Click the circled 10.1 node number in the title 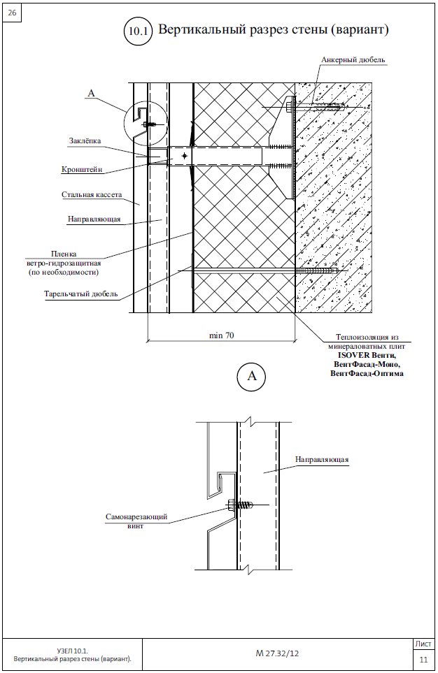coord(138,31)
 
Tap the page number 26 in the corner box coord(12,13)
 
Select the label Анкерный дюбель coord(353,60)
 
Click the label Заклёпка coord(85,140)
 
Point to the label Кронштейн coord(82,170)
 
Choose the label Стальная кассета coord(92,194)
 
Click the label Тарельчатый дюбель coord(80,294)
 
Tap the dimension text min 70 coord(221,335)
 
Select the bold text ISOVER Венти coord(367,356)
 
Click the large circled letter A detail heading coord(251,377)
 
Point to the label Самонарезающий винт coord(136,521)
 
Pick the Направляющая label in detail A coord(322,459)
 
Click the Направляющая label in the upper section coord(94,219)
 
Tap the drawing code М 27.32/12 coord(277,653)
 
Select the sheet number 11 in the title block coord(423,660)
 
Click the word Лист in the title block coord(423,644)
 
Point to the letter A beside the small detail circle coord(91,93)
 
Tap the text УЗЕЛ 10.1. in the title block coord(72,650)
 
